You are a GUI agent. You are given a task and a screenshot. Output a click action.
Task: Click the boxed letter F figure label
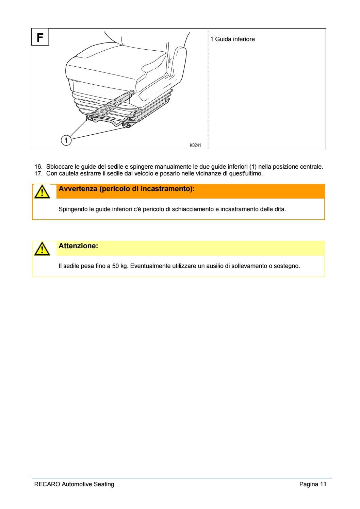pyautogui.click(x=40, y=37)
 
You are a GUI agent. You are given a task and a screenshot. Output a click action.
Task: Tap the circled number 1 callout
pyautogui.click(x=66, y=140)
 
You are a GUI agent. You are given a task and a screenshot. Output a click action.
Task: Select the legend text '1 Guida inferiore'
pyautogui.click(x=232, y=39)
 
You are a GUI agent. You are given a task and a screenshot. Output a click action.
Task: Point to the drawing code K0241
pyautogui.click(x=195, y=145)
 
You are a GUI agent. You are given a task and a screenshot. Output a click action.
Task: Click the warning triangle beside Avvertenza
pyautogui.click(x=41, y=192)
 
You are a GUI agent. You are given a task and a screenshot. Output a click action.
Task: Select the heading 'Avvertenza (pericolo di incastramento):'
pyautogui.click(x=127, y=189)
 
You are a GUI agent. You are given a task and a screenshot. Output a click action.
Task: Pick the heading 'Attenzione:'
pyautogui.click(x=78, y=245)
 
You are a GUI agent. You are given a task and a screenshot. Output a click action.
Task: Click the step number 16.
pyautogui.click(x=38, y=167)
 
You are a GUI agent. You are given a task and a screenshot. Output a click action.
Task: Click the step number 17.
pyautogui.click(x=38, y=173)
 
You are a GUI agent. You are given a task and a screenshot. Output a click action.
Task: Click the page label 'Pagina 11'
pyautogui.click(x=312, y=484)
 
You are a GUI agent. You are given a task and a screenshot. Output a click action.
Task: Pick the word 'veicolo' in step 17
pyautogui.click(x=145, y=173)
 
